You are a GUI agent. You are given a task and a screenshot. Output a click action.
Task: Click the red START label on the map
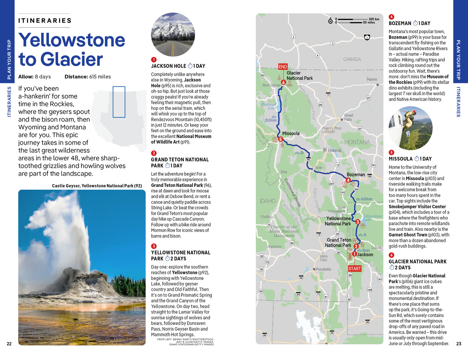click(354, 269)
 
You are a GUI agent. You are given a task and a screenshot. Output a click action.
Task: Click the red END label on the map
click(283, 66)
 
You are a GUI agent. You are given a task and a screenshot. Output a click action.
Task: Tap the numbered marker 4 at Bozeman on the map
click(348, 180)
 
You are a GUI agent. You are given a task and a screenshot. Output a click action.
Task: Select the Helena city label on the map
click(334, 150)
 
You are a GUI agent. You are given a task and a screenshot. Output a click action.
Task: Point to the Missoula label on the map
click(291, 134)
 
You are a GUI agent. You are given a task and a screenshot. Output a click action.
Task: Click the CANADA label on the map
click(352, 59)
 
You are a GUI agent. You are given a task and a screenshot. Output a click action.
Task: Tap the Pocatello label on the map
click(323, 269)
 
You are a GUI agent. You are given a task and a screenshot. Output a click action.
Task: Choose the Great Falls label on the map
click(348, 117)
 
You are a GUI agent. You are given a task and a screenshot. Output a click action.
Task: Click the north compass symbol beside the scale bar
click(330, 21)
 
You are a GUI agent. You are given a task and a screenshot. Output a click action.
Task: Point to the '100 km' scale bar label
click(374, 19)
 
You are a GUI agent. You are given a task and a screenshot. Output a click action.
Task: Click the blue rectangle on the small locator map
click(119, 102)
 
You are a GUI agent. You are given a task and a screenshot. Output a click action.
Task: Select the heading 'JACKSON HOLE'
click(168, 66)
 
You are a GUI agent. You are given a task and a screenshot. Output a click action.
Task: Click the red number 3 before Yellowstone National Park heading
click(154, 246)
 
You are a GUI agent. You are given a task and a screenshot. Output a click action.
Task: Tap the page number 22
click(9, 344)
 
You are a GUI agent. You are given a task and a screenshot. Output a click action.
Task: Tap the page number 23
click(459, 344)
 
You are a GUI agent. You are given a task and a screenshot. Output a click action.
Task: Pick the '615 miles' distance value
click(100, 77)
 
